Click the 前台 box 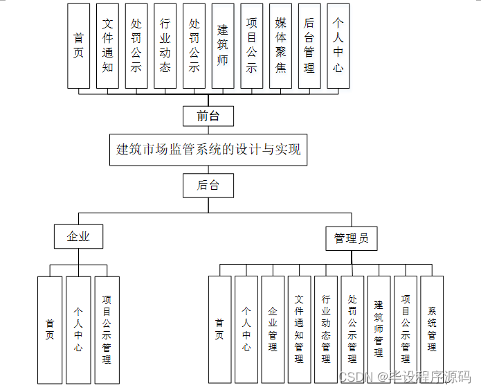coord(208,116)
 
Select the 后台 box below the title coord(208,185)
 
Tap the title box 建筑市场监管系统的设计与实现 coord(208,149)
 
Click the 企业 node coord(78,236)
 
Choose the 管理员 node coord(351,238)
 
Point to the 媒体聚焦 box coord(280,46)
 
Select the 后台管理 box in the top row coord(309,46)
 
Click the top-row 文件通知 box coord(107,46)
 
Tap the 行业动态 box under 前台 coord(165,46)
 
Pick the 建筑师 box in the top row coord(223,46)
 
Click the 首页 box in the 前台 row coord(78,46)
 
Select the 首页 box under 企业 coord(50,330)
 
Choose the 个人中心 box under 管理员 coord(246,330)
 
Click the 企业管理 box coord(273,330)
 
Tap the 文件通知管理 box coord(299,330)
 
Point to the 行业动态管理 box coord(326,330)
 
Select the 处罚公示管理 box coord(352,330)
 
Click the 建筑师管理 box coord(379,330)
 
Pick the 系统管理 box coord(432,330)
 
